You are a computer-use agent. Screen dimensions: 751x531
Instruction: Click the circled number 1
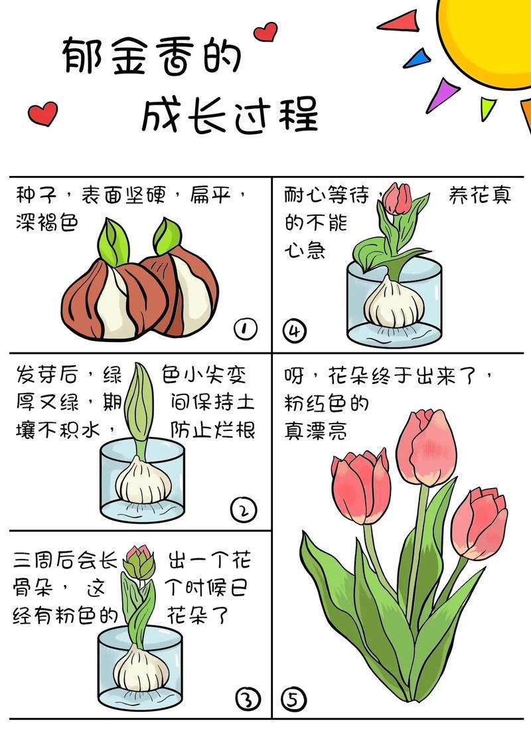(246, 329)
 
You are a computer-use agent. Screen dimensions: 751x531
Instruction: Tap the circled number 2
(242, 510)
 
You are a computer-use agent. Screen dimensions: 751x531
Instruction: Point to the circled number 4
(293, 330)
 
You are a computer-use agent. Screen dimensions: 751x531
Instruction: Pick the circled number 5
(293, 699)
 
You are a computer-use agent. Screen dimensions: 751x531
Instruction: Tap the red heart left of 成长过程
(44, 113)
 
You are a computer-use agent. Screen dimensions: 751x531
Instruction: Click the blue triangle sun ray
(416, 58)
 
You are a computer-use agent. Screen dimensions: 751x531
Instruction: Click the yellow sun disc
(488, 37)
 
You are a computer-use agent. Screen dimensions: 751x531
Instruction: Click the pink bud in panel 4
(398, 198)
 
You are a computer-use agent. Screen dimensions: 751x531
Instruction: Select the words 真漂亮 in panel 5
(315, 430)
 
